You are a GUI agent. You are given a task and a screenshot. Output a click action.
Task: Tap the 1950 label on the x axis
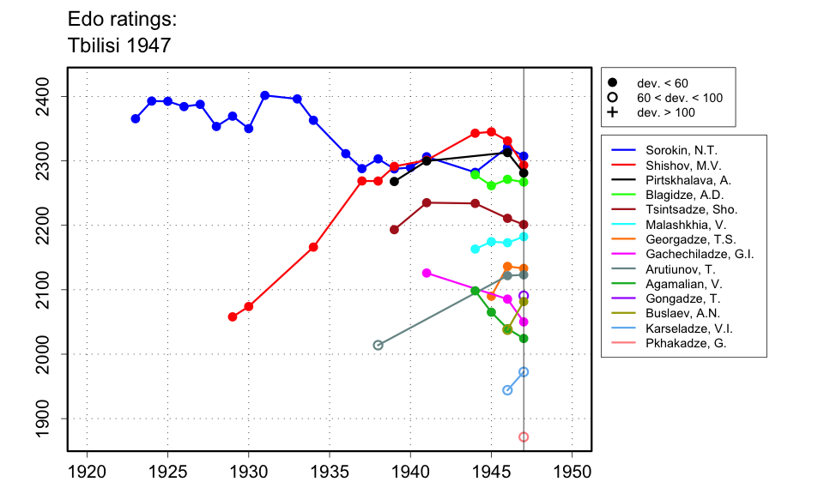pyautogui.click(x=572, y=472)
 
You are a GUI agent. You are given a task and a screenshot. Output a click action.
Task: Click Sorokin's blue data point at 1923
pyautogui.click(x=136, y=118)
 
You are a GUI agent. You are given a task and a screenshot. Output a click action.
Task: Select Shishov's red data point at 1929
pyautogui.click(x=233, y=316)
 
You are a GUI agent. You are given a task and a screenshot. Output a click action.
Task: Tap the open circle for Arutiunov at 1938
pyautogui.click(x=378, y=345)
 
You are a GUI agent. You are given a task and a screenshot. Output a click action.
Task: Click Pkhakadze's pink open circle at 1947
pyautogui.click(x=524, y=437)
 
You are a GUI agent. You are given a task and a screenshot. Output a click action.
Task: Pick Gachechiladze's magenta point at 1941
pyautogui.click(x=427, y=273)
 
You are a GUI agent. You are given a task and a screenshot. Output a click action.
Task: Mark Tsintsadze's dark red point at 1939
pyautogui.click(x=394, y=230)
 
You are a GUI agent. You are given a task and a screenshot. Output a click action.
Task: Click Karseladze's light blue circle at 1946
pyautogui.click(x=507, y=390)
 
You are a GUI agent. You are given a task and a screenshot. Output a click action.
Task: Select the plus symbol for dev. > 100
pyautogui.click(x=612, y=112)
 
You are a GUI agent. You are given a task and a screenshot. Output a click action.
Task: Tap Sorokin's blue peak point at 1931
pyautogui.click(x=265, y=95)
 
